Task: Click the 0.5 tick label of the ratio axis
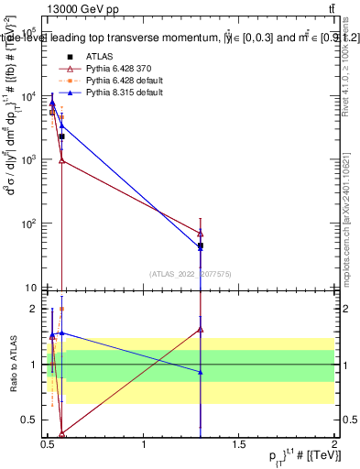[32, 420]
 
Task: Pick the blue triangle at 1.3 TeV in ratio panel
[200, 371]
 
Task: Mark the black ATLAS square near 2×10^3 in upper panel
[61, 136]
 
